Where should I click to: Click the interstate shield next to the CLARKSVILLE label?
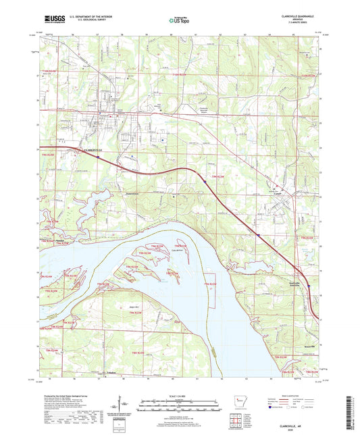pos(97,157)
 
